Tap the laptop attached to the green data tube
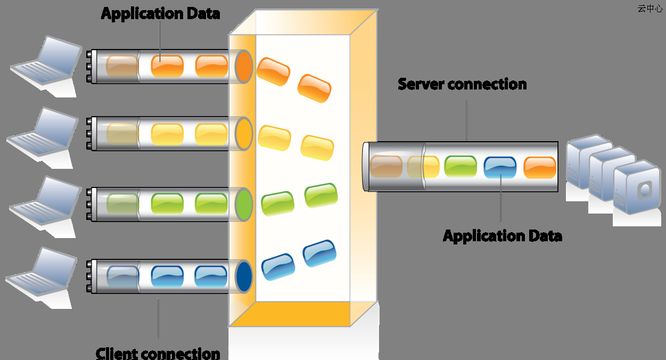[x=45, y=207]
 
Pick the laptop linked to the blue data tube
[x=42, y=277]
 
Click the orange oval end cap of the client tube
[x=244, y=67]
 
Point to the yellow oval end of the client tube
[x=244, y=134]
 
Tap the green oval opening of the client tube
[x=244, y=204]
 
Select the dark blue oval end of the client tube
[x=244, y=276]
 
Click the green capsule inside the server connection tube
[x=461, y=167]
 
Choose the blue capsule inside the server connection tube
[x=500, y=168]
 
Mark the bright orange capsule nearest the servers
[x=540, y=168]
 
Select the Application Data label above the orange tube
[x=161, y=14]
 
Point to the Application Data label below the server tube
[x=503, y=236]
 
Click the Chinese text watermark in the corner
[x=650, y=9]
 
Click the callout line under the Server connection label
[x=466, y=120]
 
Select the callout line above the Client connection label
[x=158, y=318]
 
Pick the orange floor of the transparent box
[x=290, y=314]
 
